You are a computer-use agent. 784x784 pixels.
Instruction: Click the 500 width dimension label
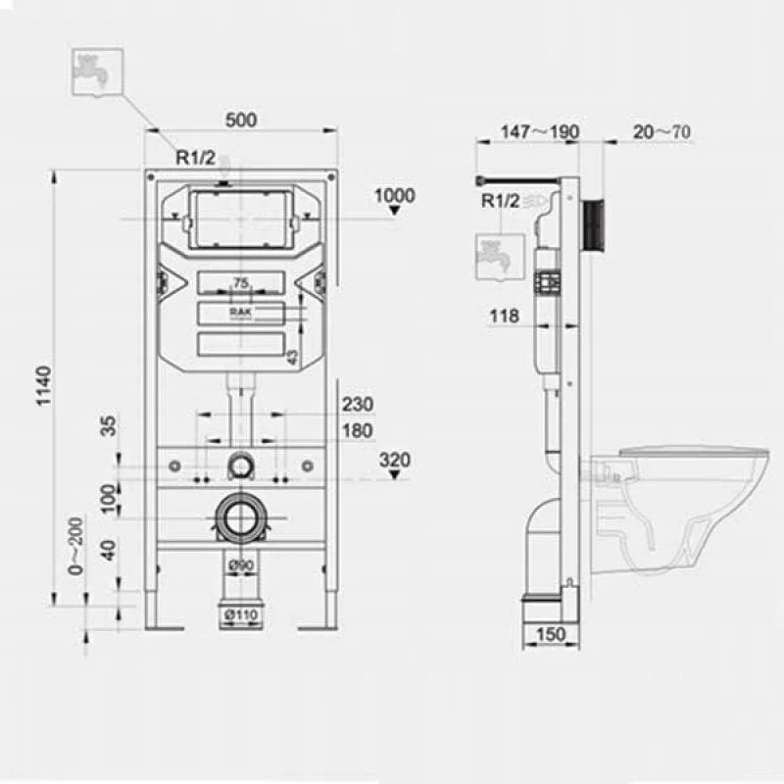click(241, 120)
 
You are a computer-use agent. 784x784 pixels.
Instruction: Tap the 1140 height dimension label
click(44, 385)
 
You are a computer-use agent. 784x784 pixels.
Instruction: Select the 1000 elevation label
click(395, 195)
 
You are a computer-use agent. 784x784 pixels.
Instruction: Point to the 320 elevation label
click(395, 460)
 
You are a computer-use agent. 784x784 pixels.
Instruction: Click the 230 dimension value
click(358, 404)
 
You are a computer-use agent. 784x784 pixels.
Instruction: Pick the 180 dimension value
click(358, 430)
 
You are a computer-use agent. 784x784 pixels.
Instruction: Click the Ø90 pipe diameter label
click(241, 565)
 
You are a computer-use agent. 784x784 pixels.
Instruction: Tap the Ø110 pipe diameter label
click(241, 614)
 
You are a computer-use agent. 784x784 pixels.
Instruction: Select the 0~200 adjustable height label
click(75, 546)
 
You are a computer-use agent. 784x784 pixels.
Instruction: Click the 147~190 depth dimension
click(540, 131)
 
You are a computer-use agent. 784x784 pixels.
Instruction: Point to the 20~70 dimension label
click(661, 132)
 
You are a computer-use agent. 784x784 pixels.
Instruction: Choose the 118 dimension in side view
click(504, 316)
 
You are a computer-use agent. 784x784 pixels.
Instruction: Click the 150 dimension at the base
click(550, 634)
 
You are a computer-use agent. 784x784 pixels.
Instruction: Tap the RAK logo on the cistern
click(240, 312)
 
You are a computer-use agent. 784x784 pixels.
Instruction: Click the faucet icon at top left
click(97, 72)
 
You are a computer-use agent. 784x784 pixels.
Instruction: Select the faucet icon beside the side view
click(500, 257)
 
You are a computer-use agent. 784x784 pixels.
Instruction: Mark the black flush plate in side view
click(594, 225)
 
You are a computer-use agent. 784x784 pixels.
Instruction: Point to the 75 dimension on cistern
click(240, 283)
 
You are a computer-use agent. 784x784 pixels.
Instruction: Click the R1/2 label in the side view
click(501, 201)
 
